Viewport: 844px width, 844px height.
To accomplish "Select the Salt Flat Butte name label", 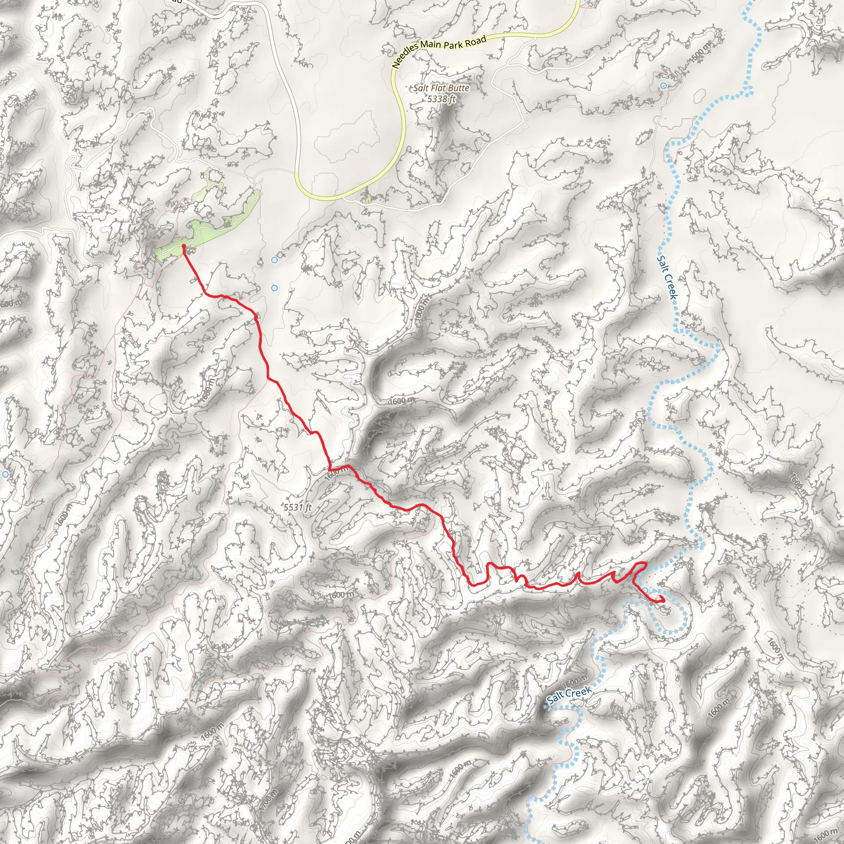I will click(441, 88).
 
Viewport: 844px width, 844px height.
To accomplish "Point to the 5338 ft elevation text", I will click(441, 99).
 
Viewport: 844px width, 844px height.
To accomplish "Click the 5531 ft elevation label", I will click(298, 507).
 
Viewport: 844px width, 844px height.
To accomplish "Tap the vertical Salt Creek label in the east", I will click(667, 277).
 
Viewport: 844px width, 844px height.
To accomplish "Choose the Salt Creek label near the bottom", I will click(569, 694).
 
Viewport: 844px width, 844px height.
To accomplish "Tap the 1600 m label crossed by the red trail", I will click(338, 471).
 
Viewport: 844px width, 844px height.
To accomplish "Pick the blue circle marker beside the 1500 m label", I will click(663, 85).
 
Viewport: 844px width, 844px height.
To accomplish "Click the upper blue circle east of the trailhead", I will click(274, 260).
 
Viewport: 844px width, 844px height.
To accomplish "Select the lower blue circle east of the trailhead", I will click(274, 288).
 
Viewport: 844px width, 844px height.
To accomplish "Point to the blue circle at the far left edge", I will click(5, 474).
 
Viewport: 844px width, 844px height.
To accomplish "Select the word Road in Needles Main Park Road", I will click(475, 41).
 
